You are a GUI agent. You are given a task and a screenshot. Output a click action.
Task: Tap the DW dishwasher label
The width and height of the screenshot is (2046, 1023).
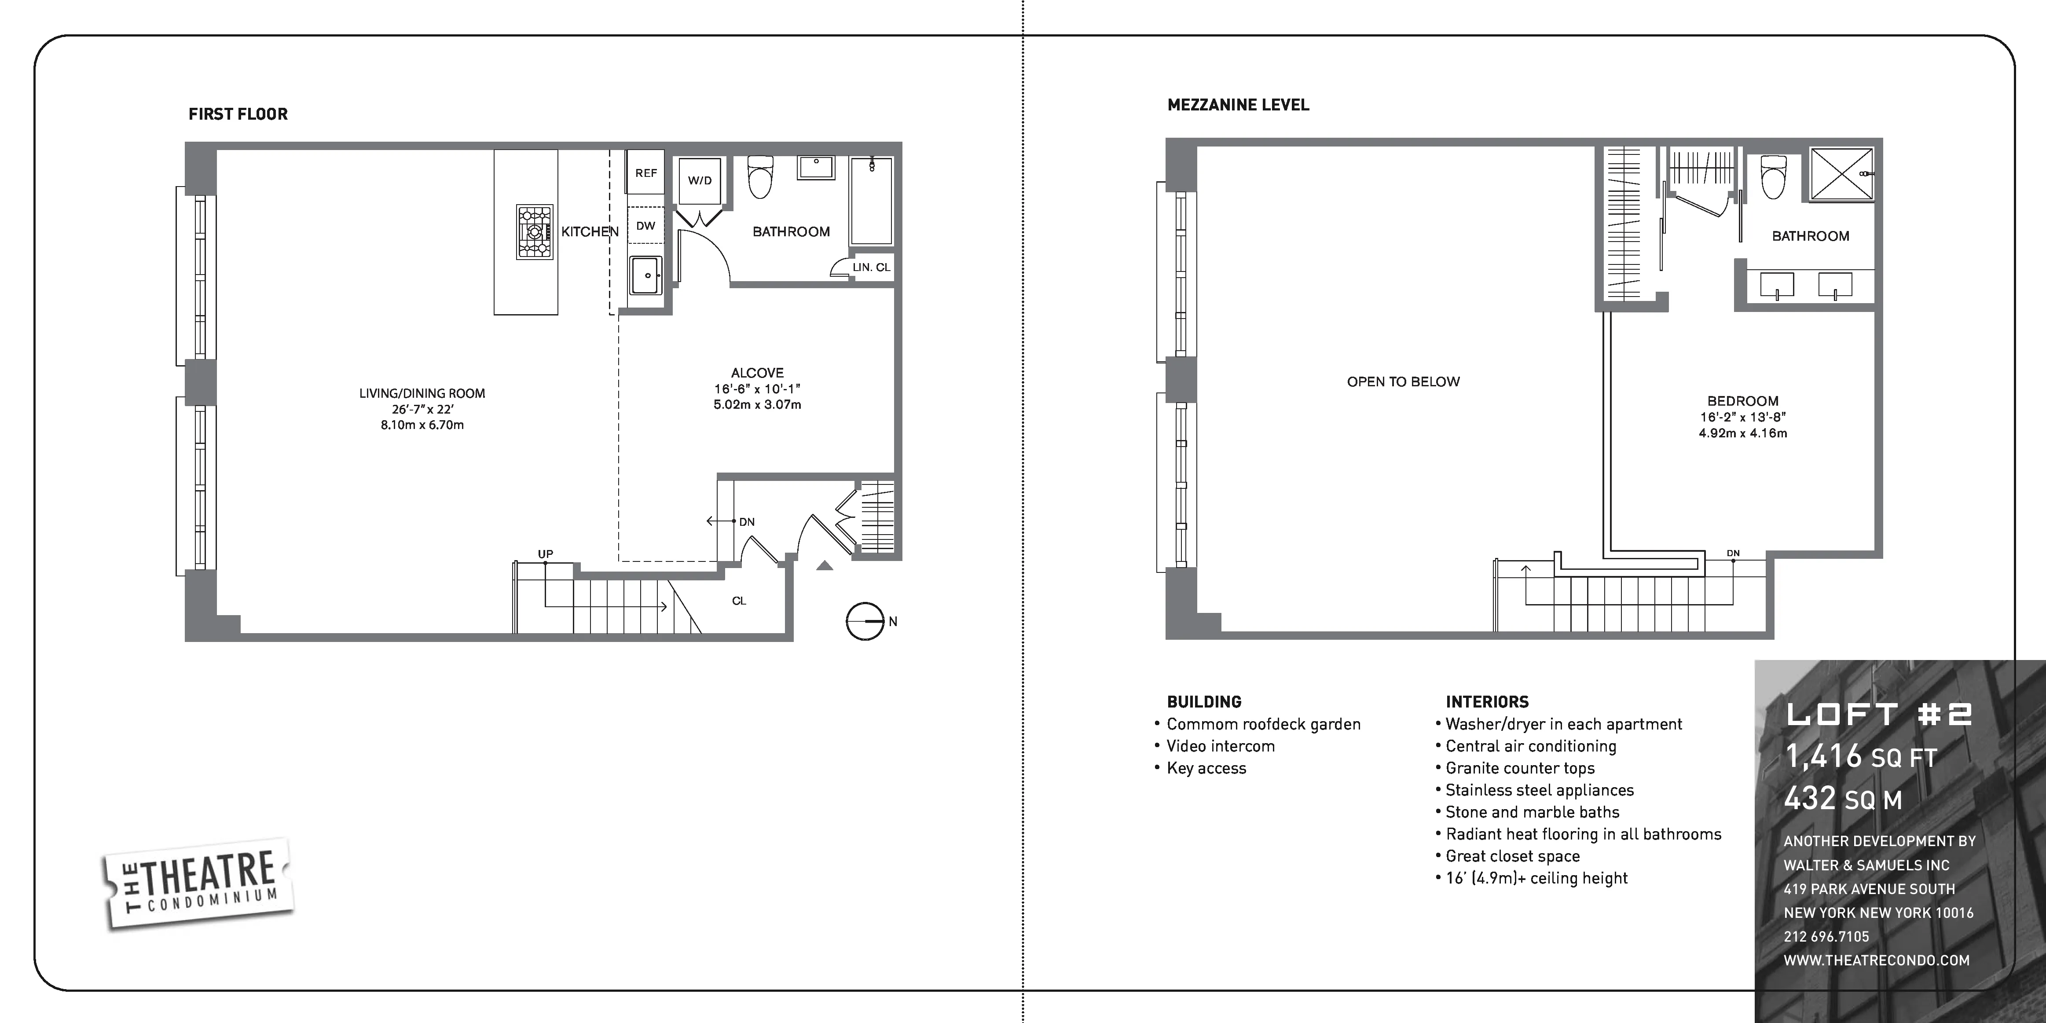pyautogui.click(x=646, y=226)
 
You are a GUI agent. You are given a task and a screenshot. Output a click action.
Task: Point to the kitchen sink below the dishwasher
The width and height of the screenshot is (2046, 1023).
pyautogui.click(x=646, y=275)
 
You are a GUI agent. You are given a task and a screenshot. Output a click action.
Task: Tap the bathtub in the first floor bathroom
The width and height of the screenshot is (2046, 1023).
pyautogui.click(x=871, y=202)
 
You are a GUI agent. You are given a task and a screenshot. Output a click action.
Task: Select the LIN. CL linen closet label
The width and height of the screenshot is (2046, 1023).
pyautogui.click(x=871, y=268)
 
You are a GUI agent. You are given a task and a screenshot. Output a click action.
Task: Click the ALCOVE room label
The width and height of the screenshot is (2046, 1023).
pyautogui.click(x=757, y=373)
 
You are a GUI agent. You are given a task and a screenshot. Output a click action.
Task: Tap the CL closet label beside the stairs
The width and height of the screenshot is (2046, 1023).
pyautogui.click(x=739, y=601)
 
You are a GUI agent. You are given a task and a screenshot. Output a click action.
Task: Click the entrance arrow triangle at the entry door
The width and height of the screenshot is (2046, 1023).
pyautogui.click(x=825, y=565)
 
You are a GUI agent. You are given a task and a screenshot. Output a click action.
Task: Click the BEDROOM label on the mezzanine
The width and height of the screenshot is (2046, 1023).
pyautogui.click(x=1742, y=401)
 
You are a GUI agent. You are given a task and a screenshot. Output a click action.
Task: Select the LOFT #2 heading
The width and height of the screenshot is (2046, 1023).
pyautogui.click(x=1878, y=714)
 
